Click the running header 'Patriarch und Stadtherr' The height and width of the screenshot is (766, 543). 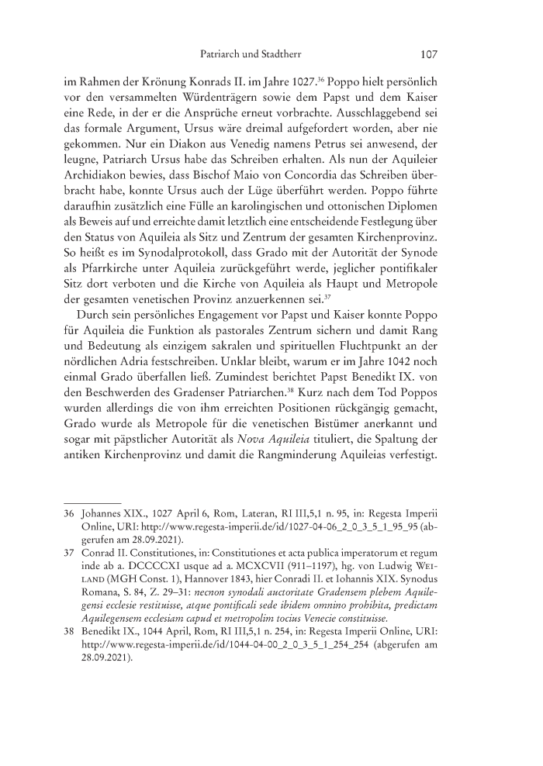click(x=245, y=56)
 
